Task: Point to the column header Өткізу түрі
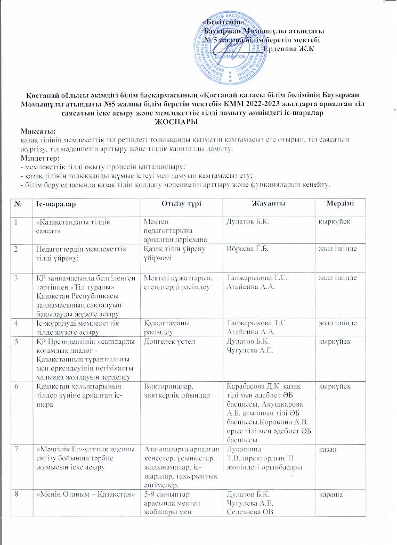click(181, 204)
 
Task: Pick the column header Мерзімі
click(351, 204)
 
